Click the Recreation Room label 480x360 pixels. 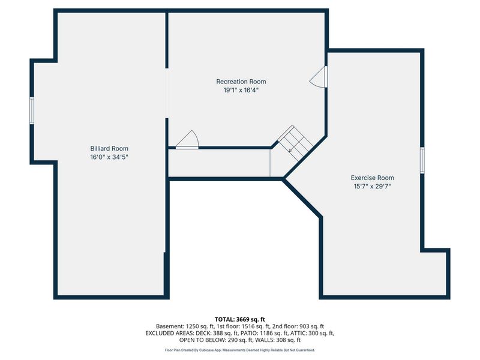[241, 82]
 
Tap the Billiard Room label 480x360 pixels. [109, 148]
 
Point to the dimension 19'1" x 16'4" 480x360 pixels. [241, 90]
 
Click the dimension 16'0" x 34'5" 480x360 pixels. [109, 157]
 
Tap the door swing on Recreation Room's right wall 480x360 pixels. [319, 76]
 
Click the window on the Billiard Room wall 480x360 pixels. [32, 110]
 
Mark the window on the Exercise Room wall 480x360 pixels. [422, 160]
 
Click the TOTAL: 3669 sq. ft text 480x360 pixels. [240, 319]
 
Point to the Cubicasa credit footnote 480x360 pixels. [240, 350]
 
